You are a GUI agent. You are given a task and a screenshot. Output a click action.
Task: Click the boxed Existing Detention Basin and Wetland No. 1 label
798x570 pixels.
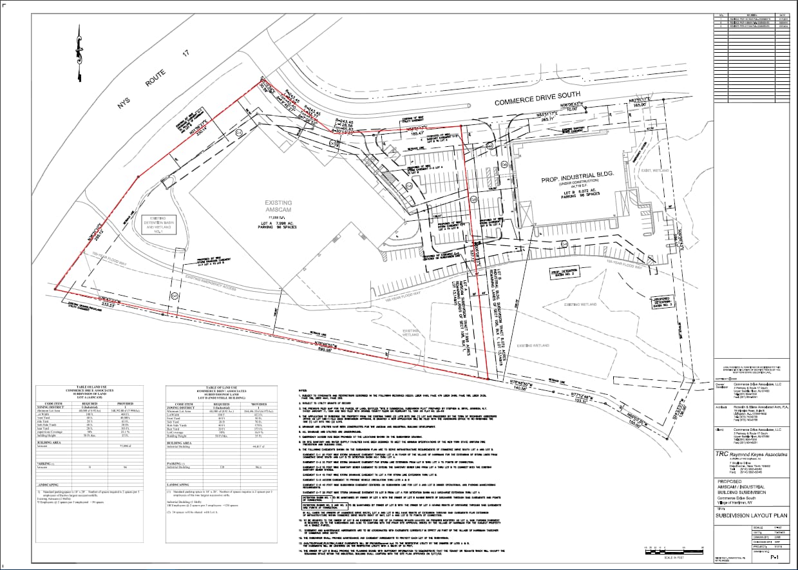pyautogui.click(x=159, y=223)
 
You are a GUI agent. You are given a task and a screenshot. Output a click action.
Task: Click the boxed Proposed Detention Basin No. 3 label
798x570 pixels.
pyautogui.click(x=665, y=303)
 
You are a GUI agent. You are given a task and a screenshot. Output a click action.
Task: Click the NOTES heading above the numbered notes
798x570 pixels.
pyautogui.click(x=303, y=390)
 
